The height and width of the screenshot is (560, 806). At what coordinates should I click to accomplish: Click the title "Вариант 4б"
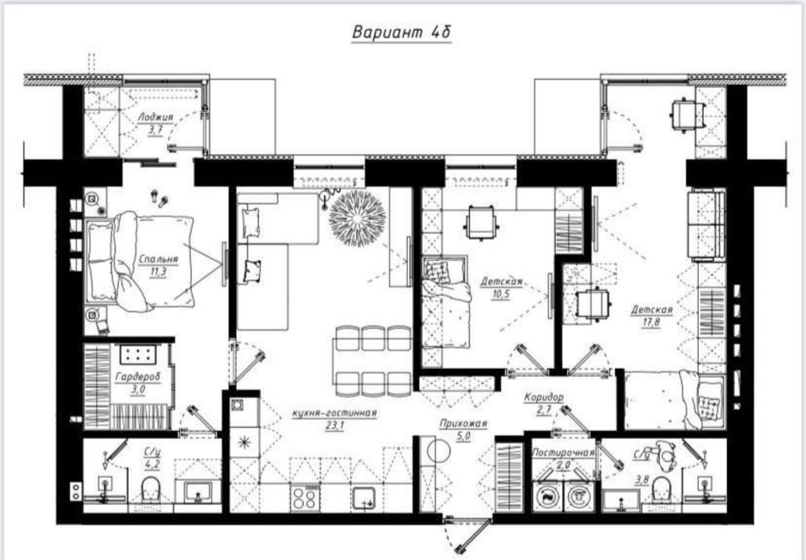tap(401, 32)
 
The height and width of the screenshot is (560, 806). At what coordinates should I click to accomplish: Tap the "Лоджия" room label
tap(156, 117)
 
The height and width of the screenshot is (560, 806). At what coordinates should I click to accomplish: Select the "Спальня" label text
tap(158, 259)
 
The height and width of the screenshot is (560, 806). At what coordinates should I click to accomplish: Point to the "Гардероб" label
tap(138, 377)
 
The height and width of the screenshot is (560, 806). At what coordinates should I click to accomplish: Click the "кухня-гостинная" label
tap(334, 413)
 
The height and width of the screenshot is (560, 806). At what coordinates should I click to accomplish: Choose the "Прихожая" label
tap(463, 424)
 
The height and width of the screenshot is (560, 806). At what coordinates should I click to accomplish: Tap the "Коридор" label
tap(544, 397)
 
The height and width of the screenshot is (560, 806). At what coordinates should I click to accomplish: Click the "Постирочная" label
tap(563, 453)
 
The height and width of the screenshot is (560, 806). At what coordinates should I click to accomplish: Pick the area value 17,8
tap(652, 322)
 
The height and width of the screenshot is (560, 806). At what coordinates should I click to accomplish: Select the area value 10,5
tap(501, 294)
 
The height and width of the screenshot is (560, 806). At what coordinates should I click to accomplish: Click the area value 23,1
tap(334, 425)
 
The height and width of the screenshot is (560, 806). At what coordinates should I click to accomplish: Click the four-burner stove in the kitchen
tap(305, 497)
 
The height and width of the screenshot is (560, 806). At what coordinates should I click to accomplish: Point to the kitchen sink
tap(364, 498)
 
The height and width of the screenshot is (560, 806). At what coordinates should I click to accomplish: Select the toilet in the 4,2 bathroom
tap(151, 488)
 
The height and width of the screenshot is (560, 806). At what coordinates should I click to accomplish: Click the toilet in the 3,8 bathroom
tap(662, 488)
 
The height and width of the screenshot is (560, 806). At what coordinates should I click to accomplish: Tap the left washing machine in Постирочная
tap(547, 496)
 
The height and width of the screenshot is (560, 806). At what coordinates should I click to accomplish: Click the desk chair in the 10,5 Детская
tap(481, 222)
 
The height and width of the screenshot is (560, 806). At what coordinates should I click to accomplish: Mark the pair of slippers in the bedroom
tap(159, 197)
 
